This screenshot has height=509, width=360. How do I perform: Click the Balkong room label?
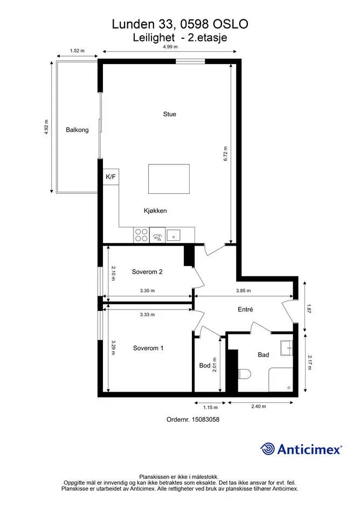(77, 130)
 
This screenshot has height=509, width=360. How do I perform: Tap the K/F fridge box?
(111, 177)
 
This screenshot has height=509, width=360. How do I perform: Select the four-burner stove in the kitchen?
(141, 235)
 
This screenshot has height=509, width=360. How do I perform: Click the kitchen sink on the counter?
(174, 235)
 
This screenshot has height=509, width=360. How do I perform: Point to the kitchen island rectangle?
(169, 179)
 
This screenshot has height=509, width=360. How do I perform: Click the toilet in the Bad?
(244, 374)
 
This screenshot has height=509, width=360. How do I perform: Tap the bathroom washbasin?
(287, 348)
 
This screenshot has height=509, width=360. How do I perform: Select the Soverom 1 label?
(148, 348)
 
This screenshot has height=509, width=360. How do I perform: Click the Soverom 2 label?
(147, 272)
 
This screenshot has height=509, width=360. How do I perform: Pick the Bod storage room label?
(205, 366)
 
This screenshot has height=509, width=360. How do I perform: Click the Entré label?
(245, 310)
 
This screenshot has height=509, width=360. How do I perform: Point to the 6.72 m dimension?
(225, 154)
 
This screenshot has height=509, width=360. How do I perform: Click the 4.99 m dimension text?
(170, 47)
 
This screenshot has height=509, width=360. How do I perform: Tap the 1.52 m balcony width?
(77, 51)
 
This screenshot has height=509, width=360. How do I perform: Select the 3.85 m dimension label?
(244, 291)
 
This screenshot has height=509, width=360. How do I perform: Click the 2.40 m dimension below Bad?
(259, 407)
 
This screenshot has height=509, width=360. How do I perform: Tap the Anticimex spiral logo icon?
(267, 449)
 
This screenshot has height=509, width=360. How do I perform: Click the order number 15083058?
(206, 420)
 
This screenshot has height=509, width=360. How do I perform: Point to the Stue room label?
(170, 114)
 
